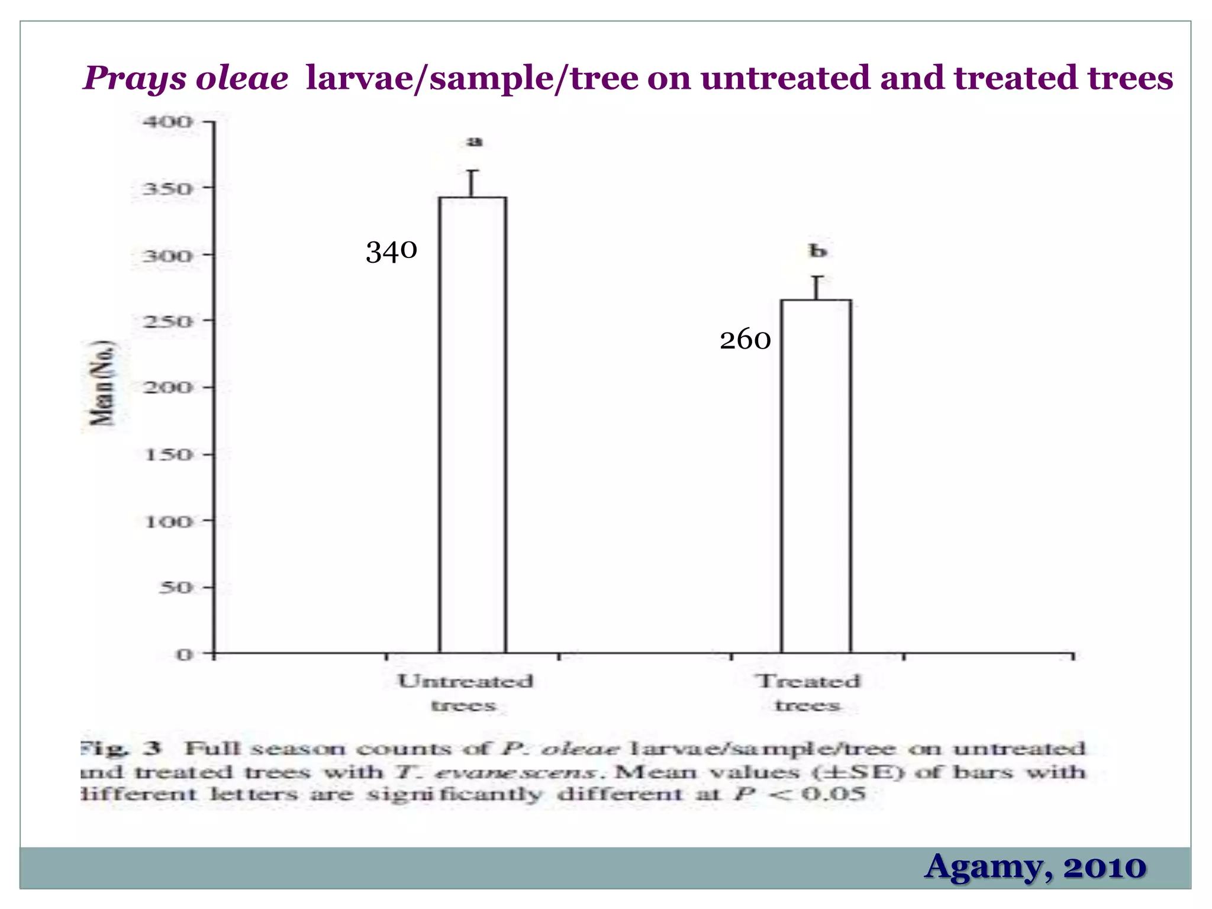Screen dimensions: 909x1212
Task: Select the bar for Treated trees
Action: tap(815, 476)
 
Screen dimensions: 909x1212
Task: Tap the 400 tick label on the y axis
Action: tap(168, 123)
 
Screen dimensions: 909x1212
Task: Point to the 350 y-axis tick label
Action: tap(168, 189)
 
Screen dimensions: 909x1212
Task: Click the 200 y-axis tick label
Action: tap(168, 388)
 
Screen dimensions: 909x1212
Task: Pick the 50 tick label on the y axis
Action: tap(176, 588)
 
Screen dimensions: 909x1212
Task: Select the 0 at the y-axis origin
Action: tap(184, 655)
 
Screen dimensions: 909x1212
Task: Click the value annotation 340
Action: tap(391, 251)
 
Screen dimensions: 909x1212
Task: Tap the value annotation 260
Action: tap(745, 340)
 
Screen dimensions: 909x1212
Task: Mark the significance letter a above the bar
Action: tap(475, 141)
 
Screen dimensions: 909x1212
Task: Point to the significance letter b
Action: tap(817, 251)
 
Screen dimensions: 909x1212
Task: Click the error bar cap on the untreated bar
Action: tap(472, 171)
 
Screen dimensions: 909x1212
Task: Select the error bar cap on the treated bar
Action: tap(817, 277)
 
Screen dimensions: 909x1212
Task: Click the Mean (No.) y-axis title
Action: tap(102, 383)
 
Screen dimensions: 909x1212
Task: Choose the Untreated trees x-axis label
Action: tap(465, 693)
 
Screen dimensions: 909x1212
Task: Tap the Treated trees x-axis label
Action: tap(808, 693)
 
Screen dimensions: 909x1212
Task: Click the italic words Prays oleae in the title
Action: tap(186, 78)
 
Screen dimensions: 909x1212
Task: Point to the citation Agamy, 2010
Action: tap(1035, 867)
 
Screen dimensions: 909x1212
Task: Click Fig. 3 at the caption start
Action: tap(121, 749)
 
